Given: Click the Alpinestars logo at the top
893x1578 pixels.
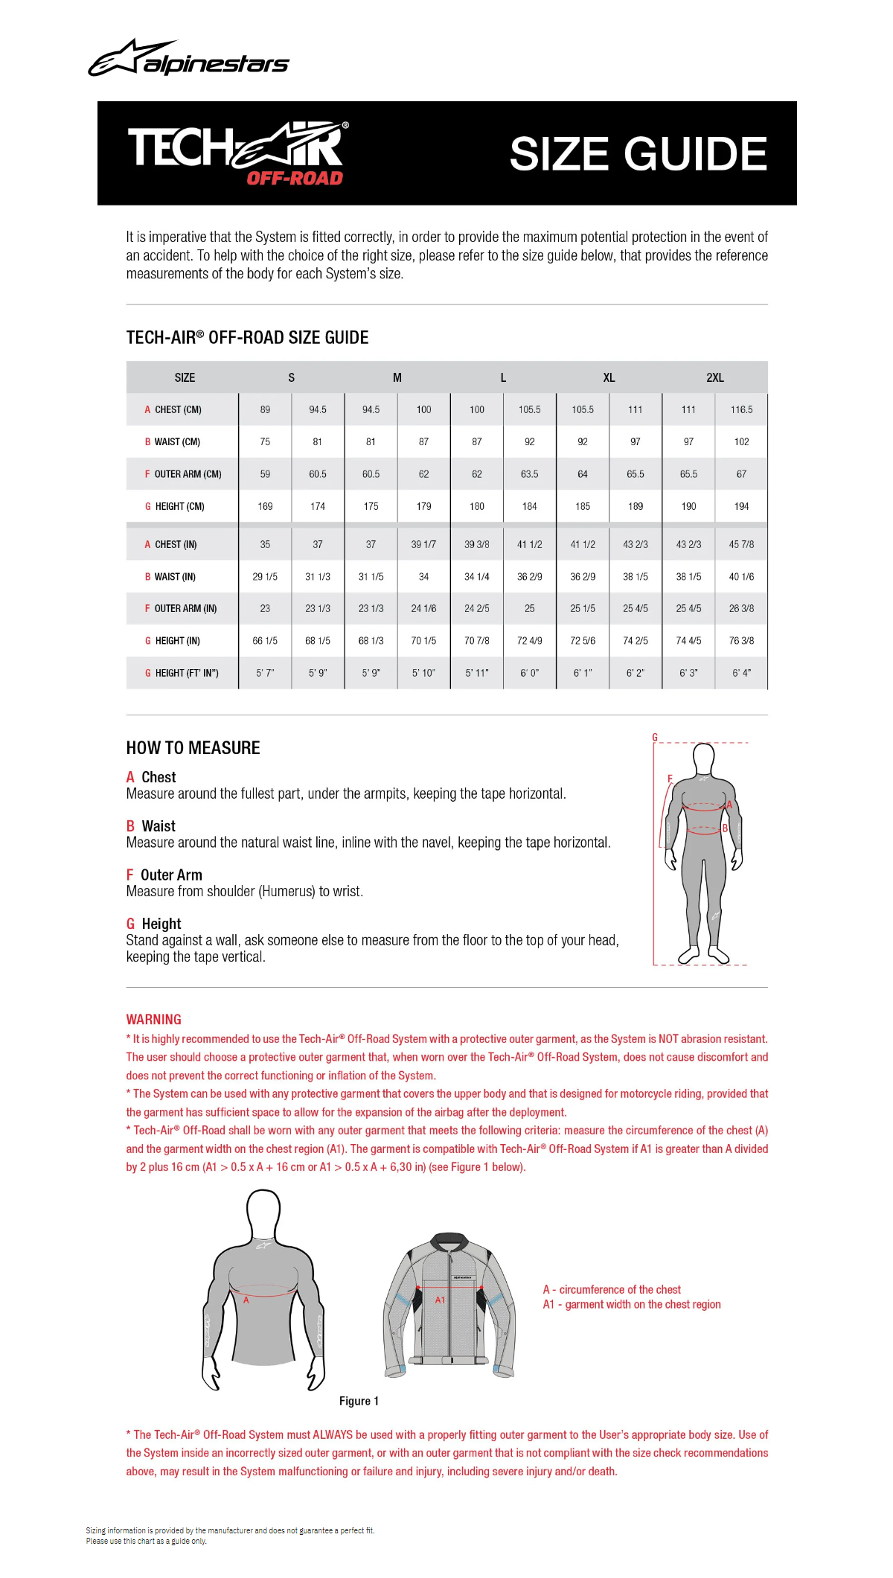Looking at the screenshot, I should point(189,59).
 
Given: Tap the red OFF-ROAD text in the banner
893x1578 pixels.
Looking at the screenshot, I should point(295,178).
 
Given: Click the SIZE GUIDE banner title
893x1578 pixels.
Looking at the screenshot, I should point(638,154).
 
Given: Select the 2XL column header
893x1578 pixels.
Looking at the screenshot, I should point(714,377).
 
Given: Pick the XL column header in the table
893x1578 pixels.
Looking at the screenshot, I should point(609,377).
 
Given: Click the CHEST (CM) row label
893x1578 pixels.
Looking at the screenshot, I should point(177,409).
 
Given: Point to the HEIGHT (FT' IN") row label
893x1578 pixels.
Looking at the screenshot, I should point(186,673).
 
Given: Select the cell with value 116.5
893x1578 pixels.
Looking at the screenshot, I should point(741,409).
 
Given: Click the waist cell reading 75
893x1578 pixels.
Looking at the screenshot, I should point(265,441).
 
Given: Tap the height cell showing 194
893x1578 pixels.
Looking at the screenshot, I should point(741,506).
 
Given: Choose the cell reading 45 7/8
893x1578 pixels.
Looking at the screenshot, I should point(741,544).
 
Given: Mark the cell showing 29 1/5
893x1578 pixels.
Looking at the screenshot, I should point(265,576).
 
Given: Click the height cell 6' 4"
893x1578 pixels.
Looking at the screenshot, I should point(741,673).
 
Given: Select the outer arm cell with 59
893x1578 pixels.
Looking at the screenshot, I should point(265,474).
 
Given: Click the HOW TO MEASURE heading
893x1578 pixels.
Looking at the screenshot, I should point(193,748).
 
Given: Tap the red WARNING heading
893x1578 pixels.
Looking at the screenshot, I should point(153,1020).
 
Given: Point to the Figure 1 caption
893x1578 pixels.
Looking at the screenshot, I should point(359,1401).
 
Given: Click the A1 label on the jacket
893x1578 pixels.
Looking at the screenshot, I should point(440,1300).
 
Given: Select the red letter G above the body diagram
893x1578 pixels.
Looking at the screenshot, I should point(655,737).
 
